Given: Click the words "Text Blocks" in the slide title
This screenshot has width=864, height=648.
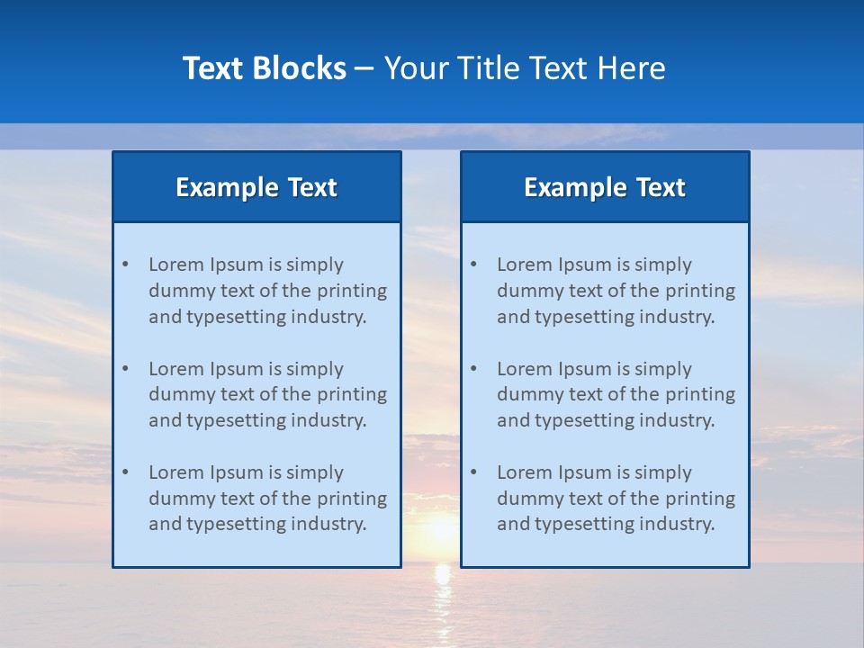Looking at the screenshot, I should pyautogui.click(x=264, y=68).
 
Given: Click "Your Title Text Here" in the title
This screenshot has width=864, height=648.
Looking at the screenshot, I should pyautogui.click(x=525, y=68).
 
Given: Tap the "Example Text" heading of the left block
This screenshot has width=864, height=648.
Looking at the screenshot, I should pyautogui.click(x=256, y=187).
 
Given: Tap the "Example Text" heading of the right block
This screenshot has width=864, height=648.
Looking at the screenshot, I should pyautogui.click(x=605, y=187).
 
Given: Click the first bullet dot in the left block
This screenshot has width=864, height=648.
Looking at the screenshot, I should pyautogui.click(x=125, y=265).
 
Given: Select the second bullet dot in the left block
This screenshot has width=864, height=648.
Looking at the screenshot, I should pyautogui.click(x=125, y=369).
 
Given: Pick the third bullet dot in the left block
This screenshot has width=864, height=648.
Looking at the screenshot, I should pyautogui.click(x=125, y=472).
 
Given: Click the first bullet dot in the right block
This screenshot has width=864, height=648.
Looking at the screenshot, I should pyautogui.click(x=473, y=265).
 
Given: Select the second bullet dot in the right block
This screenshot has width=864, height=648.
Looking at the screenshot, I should pyautogui.click(x=473, y=369).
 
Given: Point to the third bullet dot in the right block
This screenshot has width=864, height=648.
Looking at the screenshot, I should pyautogui.click(x=473, y=472).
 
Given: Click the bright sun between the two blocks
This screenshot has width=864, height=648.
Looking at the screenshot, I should pyautogui.click(x=439, y=529).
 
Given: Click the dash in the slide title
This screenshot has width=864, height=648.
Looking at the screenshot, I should pyautogui.click(x=364, y=68).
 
